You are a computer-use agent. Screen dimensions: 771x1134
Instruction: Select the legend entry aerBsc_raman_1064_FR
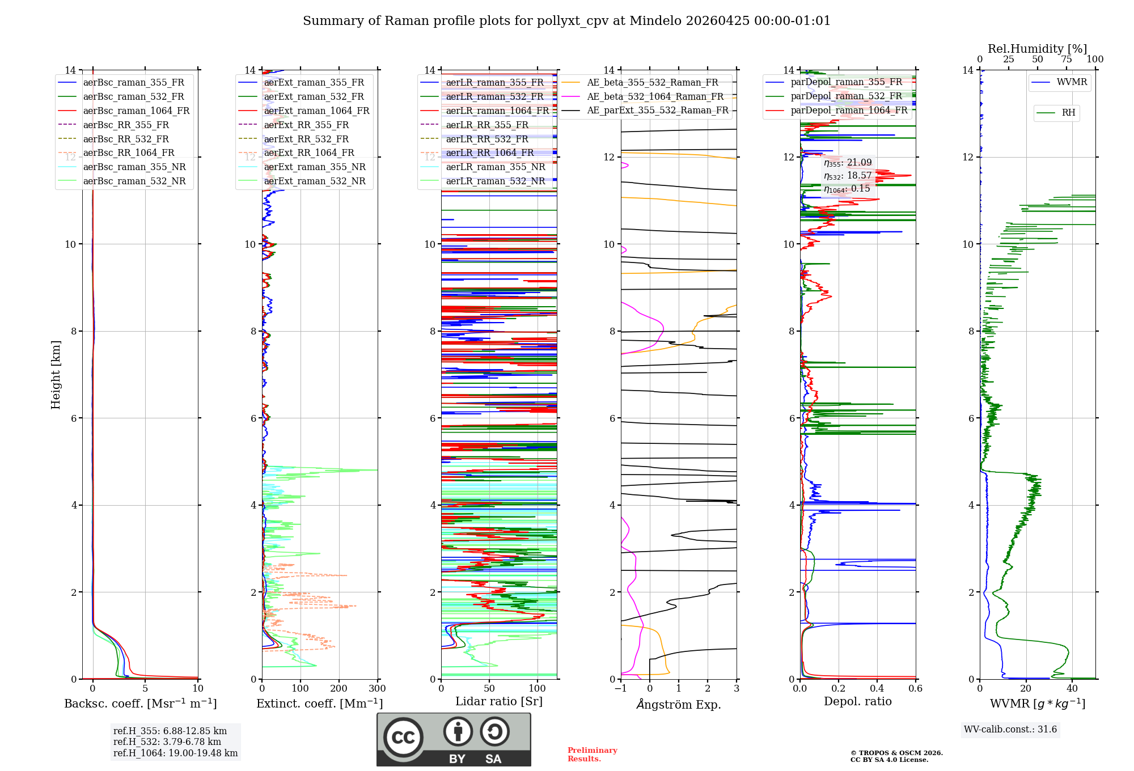(136, 111)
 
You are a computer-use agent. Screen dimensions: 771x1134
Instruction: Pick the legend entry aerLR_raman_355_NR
(495, 167)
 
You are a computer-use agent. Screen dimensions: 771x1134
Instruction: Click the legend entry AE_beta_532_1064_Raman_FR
(655, 96)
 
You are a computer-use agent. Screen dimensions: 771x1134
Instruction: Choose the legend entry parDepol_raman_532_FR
(846, 96)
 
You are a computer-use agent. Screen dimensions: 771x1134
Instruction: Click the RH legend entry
(1068, 113)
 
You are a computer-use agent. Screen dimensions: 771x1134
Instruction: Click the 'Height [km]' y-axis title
(56, 374)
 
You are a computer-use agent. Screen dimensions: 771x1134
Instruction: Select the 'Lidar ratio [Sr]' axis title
(499, 701)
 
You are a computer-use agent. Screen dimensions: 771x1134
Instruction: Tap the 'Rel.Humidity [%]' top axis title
(1037, 49)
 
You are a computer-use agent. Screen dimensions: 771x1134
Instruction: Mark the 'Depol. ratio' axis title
(857, 701)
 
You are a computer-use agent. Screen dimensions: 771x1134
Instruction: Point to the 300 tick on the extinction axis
(377, 689)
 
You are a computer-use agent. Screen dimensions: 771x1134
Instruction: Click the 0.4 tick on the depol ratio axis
(877, 689)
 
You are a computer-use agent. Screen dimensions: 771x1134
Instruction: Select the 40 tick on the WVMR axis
(1072, 689)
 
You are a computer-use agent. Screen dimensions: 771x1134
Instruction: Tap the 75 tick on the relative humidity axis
(1067, 60)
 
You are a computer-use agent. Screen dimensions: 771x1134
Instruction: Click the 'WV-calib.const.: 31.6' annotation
(1010, 729)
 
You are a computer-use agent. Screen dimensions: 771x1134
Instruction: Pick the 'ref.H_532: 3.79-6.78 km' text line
(167, 742)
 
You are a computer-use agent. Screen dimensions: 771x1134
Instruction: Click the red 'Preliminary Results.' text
(592, 754)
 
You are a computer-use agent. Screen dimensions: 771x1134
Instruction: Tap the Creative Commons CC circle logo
(403, 737)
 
